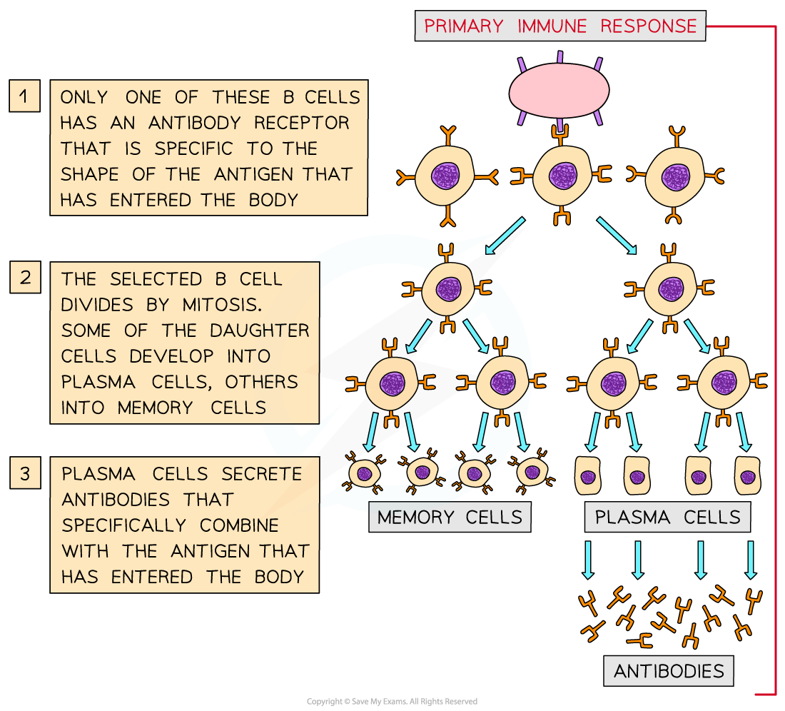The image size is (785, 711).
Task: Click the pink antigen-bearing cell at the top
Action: (559, 91)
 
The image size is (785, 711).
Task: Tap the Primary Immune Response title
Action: (560, 26)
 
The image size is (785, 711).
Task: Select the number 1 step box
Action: (25, 96)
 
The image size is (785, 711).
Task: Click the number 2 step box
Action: (25, 277)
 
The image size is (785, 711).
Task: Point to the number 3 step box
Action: (25, 474)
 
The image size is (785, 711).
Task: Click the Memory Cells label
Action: (450, 517)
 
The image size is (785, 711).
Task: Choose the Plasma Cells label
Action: (667, 517)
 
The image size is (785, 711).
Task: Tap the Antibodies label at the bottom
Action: (669, 671)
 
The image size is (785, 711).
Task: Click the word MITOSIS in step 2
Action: (221, 305)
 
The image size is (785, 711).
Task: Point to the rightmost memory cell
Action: (531, 471)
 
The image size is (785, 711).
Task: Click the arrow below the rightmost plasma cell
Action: (750, 559)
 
